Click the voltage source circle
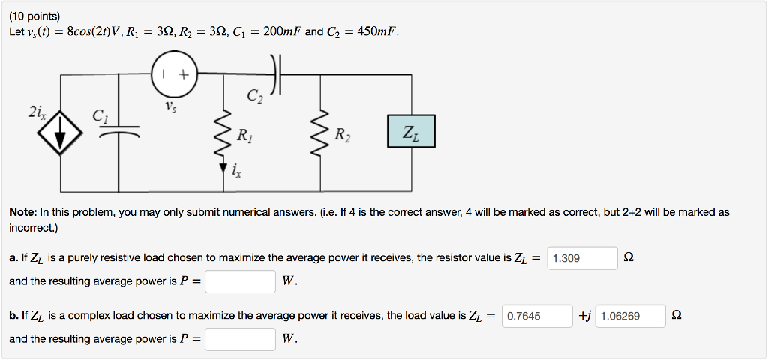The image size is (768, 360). [x=174, y=74]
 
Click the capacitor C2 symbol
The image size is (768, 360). [x=277, y=75]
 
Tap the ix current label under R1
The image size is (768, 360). [x=236, y=173]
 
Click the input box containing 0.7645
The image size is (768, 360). [x=538, y=316]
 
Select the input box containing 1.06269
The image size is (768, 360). [x=631, y=316]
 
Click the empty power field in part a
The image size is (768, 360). [x=241, y=281]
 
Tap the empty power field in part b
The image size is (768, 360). [x=241, y=339]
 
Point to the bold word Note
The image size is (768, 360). [x=23, y=212]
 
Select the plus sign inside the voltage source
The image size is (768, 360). [x=183, y=74]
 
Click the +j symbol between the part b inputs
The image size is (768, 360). [x=586, y=316]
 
